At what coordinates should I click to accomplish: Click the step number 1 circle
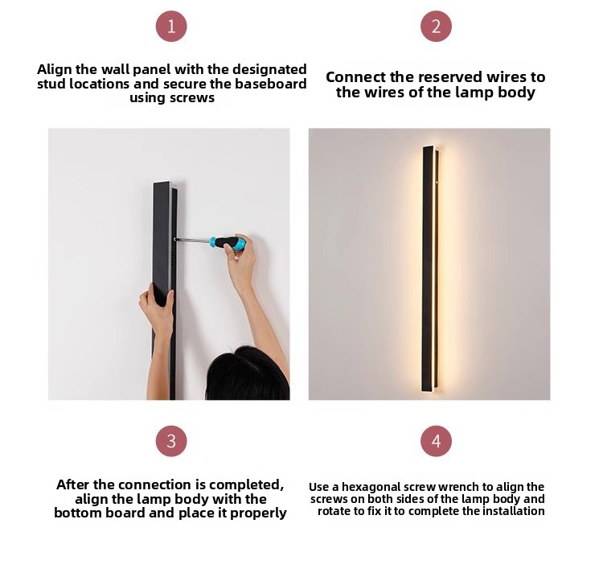[171, 27]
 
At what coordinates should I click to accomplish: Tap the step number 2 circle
[436, 27]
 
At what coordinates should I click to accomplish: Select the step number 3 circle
[171, 441]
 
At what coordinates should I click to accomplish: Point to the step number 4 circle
[436, 441]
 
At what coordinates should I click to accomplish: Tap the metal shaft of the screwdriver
[192, 240]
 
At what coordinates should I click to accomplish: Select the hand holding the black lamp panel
[157, 308]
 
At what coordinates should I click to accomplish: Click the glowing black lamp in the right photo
[430, 269]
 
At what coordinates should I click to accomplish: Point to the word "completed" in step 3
[246, 484]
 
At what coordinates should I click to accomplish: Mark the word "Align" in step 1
[55, 70]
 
